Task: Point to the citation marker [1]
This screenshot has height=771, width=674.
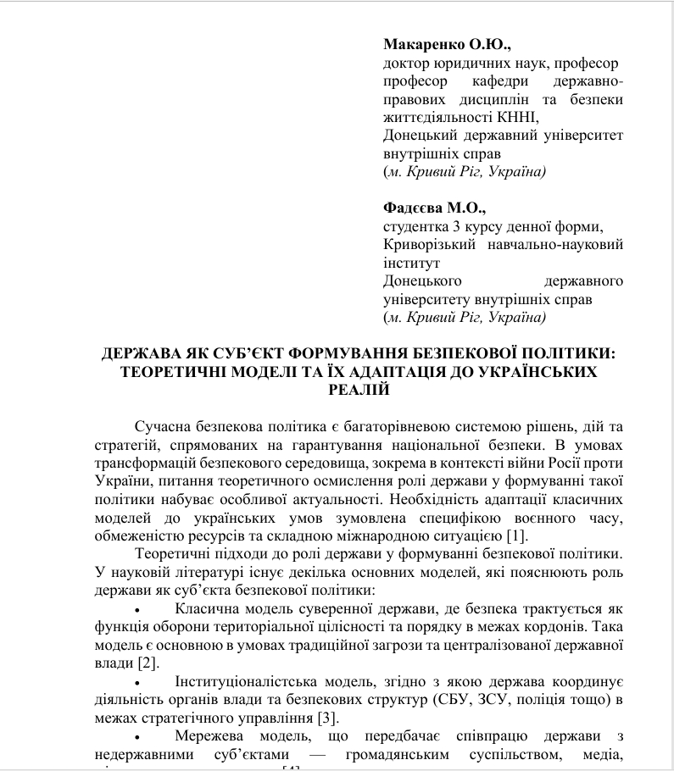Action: (516, 535)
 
